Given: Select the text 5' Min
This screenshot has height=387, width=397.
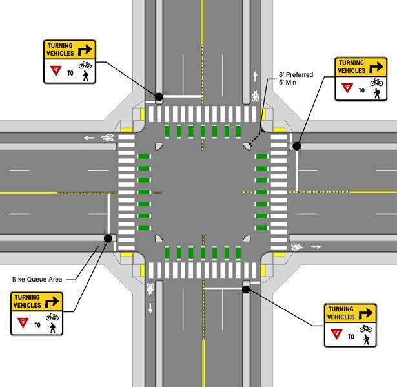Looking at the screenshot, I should [287, 83].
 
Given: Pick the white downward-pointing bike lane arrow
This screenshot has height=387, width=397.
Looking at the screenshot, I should [150, 308].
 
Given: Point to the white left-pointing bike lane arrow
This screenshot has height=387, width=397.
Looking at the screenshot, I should [87, 137].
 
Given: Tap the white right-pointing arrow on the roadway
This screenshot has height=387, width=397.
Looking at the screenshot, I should [316, 246].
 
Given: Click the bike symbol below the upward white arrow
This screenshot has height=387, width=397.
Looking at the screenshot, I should [256, 96].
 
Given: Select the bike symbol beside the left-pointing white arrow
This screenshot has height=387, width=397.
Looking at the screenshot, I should [108, 137].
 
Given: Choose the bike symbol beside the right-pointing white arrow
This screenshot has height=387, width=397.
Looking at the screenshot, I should [297, 246].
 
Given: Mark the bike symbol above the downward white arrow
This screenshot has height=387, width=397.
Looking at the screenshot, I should [150, 288].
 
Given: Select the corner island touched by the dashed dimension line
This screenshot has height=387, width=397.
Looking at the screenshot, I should [248, 146].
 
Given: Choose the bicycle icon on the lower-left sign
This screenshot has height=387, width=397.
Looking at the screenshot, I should [52, 317].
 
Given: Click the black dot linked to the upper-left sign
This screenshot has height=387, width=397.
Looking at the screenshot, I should [158, 96].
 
